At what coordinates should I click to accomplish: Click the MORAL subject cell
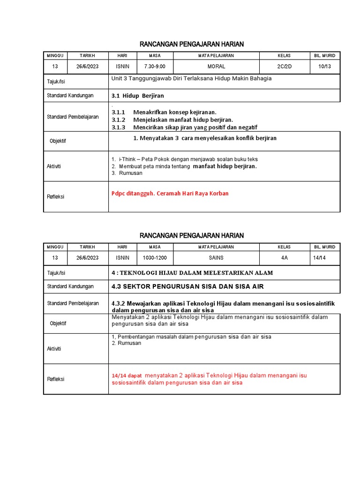click(x=216, y=67)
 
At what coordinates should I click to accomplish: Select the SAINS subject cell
click(x=216, y=258)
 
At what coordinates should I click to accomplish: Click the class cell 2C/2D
click(x=284, y=67)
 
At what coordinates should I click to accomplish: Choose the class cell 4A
click(x=284, y=258)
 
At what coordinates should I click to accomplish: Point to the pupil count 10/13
click(x=324, y=67)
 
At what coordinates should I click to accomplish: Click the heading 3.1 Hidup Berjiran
click(x=138, y=96)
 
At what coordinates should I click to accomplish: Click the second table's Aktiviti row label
click(x=54, y=349)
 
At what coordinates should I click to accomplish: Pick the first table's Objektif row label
click(x=58, y=141)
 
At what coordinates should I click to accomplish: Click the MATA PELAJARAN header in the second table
click(x=216, y=247)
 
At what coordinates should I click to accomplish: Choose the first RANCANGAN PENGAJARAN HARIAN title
click(x=192, y=44)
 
